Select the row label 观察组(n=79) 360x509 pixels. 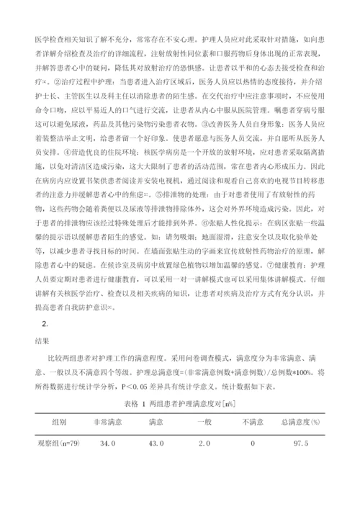(x=60, y=443)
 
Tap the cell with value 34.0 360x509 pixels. (x=107, y=443)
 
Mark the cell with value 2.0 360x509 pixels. (x=205, y=443)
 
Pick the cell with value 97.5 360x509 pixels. (x=302, y=443)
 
